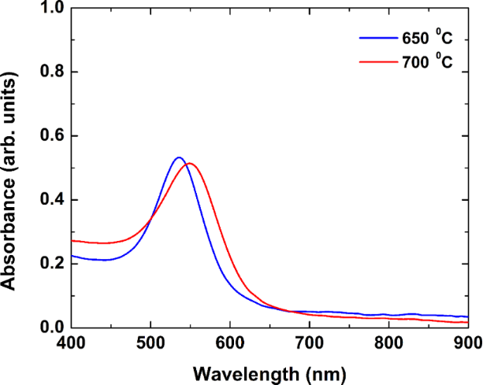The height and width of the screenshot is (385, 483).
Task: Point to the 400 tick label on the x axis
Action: pyautogui.click(x=71, y=343)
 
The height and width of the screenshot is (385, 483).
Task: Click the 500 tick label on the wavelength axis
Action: pyautogui.click(x=150, y=343)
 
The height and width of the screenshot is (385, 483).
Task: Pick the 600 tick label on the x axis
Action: pyautogui.click(x=230, y=343)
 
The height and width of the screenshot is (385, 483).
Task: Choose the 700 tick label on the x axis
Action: pyautogui.click(x=310, y=343)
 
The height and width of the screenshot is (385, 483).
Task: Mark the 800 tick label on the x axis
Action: pyautogui.click(x=388, y=343)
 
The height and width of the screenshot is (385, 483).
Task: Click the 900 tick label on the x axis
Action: pyautogui.click(x=466, y=343)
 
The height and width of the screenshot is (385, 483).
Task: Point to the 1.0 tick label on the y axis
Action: pyautogui.click(x=50, y=9)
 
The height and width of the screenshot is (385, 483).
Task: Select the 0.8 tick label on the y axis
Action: pyautogui.click(x=50, y=72)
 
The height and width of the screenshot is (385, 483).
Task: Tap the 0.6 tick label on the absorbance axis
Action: pyautogui.click(x=50, y=136)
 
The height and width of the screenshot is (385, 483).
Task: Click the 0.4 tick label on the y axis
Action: pyautogui.click(x=50, y=200)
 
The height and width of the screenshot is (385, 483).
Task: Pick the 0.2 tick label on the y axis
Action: pyautogui.click(x=50, y=264)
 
